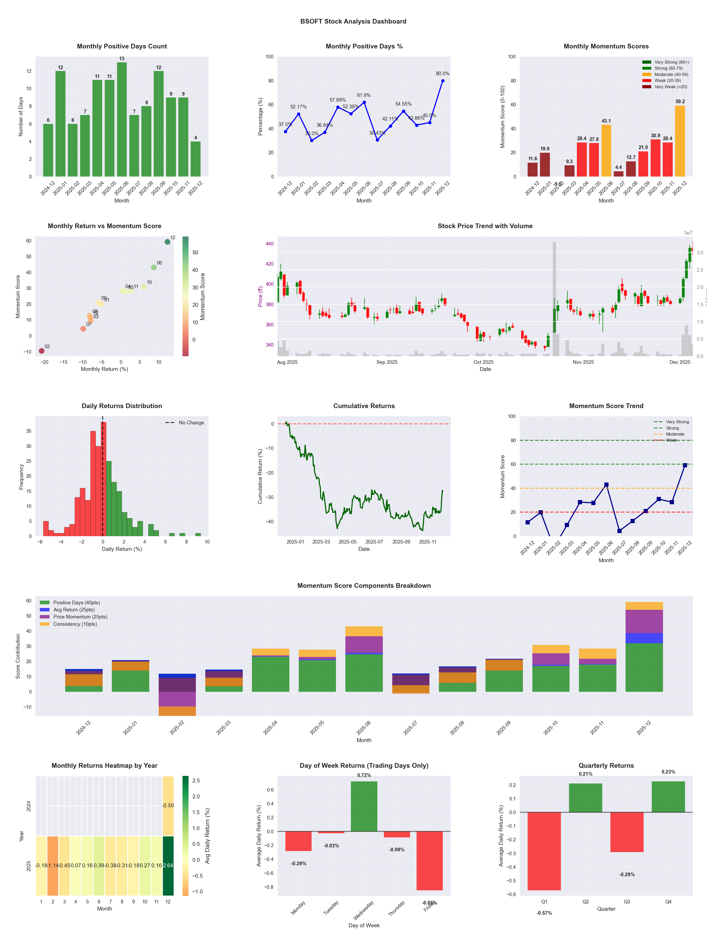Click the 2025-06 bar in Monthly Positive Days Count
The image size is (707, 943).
click(x=122, y=119)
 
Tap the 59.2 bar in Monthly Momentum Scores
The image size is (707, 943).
click(x=680, y=141)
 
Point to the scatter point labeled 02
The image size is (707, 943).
click(x=42, y=351)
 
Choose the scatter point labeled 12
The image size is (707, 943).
click(x=168, y=242)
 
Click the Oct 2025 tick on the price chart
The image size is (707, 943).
click(x=483, y=362)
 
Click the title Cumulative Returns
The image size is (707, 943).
click(x=364, y=406)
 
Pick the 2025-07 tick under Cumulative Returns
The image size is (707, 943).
click(x=374, y=542)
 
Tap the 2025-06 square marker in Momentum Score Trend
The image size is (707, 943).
click(x=606, y=485)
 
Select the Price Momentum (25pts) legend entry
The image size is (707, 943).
click(x=80, y=617)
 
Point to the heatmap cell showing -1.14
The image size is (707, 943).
click(x=53, y=865)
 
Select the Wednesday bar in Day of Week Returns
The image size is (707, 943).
click(x=364, y=806)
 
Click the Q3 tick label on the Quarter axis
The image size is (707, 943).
click(x=627, y=902)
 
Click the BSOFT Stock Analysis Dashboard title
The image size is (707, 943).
click(x=353, y=21)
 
